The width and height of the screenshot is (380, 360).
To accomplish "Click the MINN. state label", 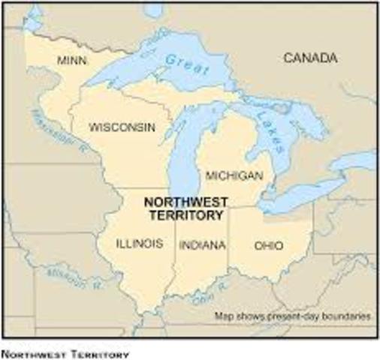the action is pos(71,60).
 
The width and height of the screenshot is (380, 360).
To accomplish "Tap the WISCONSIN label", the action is pos(122,127).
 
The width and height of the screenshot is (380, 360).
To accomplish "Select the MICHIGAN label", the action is pos(234,175).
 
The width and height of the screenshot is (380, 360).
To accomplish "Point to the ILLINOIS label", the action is pos(140,243).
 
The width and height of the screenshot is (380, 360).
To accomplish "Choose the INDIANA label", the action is pos(201,244).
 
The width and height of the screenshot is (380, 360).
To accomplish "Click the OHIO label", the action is pos(269,244).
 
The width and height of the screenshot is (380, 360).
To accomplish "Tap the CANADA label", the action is pos(310,57).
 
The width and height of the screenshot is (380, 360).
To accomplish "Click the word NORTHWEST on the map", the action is pos(182,202).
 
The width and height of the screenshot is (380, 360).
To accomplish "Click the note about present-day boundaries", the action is pos(293,316).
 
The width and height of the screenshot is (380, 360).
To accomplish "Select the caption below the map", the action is pos(66,353).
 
